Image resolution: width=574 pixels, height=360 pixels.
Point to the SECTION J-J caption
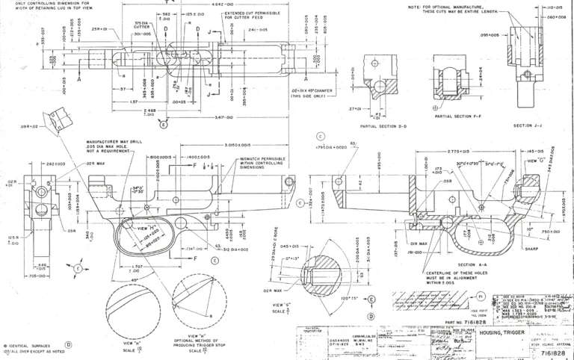point(531,126)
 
